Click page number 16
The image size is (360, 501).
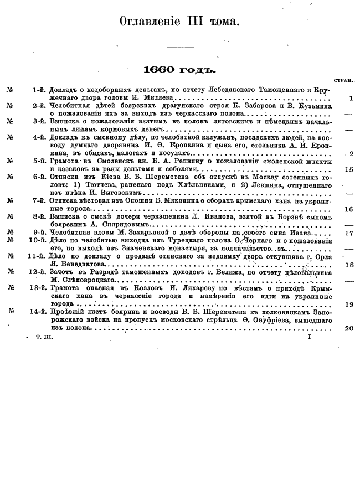(348, 209)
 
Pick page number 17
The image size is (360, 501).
(348, 233)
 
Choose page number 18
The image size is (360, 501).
(348, 265)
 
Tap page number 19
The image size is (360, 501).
(348, 304)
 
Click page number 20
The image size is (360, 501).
(348, 328)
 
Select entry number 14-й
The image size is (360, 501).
(37, 312)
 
